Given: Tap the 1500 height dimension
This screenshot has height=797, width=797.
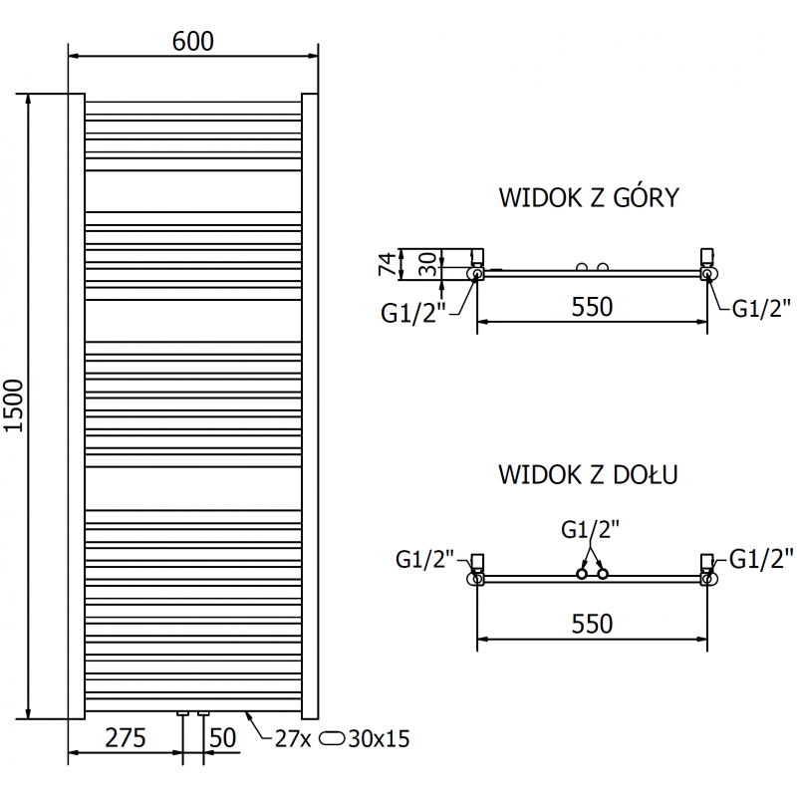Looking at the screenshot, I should pyautogui.click(x=13, y=405).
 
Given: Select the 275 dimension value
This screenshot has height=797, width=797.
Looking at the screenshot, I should pyautogui.click(x=127, y=738).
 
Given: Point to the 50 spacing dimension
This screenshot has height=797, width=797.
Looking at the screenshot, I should pyautogui.click(x=222, y=738).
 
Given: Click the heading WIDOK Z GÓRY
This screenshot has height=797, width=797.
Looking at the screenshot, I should pyautogui.click(x=588, y=197).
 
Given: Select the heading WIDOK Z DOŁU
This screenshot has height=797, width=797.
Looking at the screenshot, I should pyautogui.click(x=588, y=474).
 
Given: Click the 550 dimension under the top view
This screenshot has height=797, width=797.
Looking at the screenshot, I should pyautogui.click(x=592, y=307).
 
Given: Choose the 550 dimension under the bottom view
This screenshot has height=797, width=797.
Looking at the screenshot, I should pyautogui.click(x=592, y=623).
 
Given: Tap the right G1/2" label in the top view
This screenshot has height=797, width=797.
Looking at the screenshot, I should pyautogui.click(x=762, y=308).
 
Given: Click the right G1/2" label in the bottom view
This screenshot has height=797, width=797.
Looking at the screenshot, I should pyautogui.click(x=762, y=556).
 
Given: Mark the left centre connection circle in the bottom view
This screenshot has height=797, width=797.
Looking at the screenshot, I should pyautogui.click(x=581, y=574).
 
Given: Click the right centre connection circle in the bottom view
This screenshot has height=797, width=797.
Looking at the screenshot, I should pyautogui.click(x=602, y=574).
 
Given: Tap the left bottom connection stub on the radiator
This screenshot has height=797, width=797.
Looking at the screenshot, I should pyautogui.click(x=183, y=713).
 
